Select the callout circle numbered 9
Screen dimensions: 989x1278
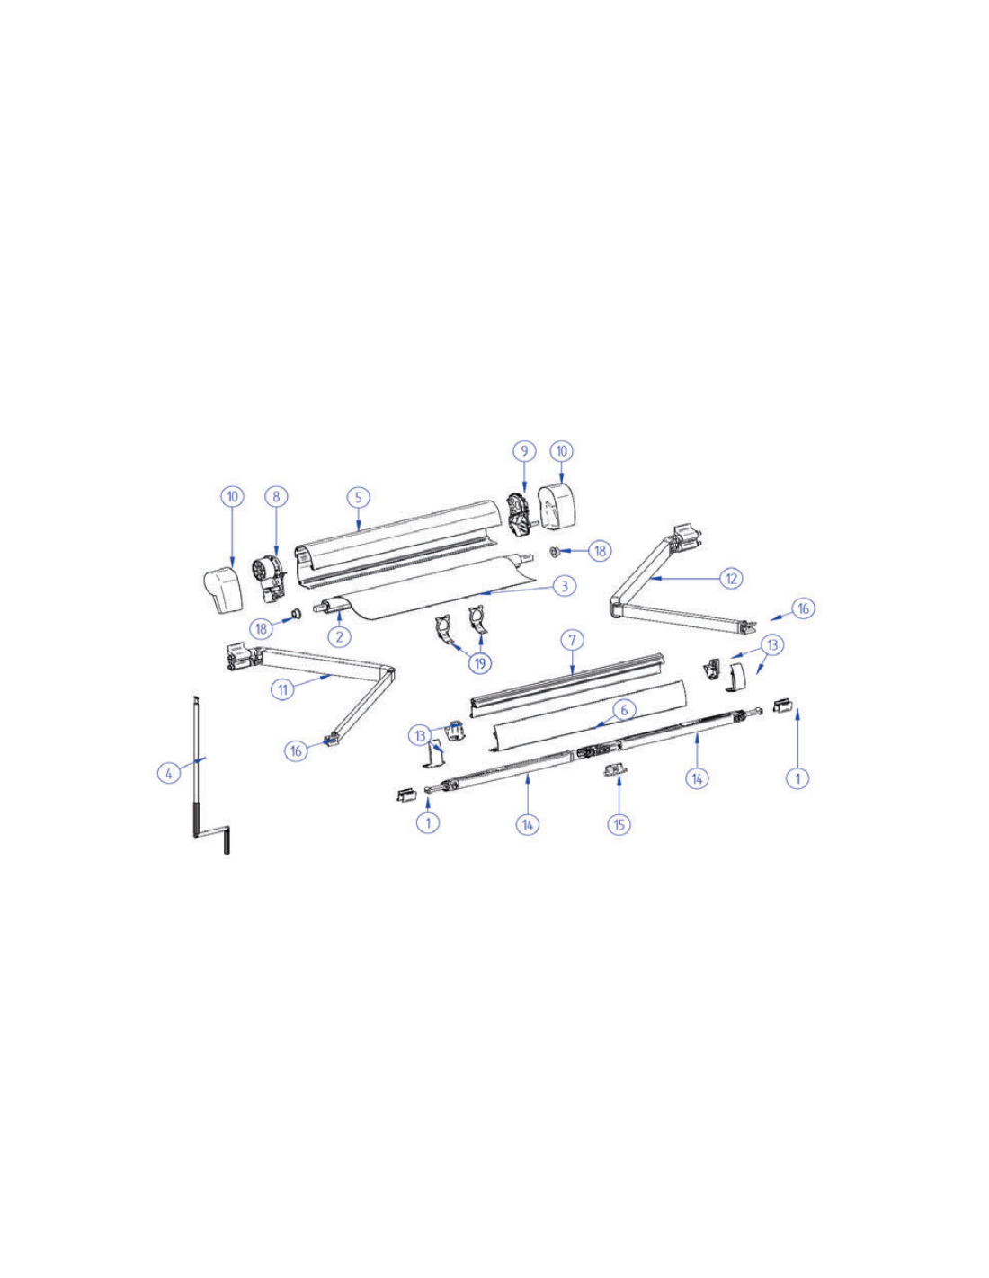(524, 451)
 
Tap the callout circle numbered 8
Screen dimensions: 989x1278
(276, 496)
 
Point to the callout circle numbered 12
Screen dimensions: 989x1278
(731, 578)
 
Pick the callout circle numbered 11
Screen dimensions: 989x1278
(283, 688)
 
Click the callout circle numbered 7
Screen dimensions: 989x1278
(574, 640)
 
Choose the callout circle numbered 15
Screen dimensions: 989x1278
(619, 824)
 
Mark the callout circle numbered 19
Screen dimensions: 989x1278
(480, 663)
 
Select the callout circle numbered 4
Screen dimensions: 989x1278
(169, 773)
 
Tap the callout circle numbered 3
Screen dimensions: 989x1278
(565, 586)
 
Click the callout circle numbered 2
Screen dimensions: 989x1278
(340, 635)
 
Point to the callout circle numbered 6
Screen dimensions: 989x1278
(624, 710)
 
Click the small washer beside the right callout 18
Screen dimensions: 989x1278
(554, 552)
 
